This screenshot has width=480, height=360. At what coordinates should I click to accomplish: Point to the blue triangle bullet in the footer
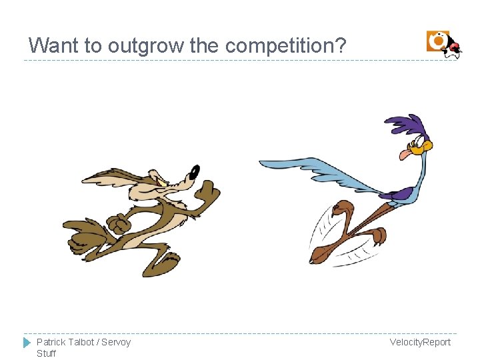click(27, 343)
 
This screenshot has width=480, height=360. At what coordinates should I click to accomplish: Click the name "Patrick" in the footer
click(51, 342)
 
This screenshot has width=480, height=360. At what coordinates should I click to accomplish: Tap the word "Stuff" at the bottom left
click(46, 353)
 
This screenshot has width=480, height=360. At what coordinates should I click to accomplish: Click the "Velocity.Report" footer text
click(420, 342)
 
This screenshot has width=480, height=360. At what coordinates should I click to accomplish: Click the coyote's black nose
click(195, 171)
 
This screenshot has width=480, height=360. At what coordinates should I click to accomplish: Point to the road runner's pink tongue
click(405, 155)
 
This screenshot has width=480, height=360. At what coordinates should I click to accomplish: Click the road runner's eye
click(417, 141)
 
